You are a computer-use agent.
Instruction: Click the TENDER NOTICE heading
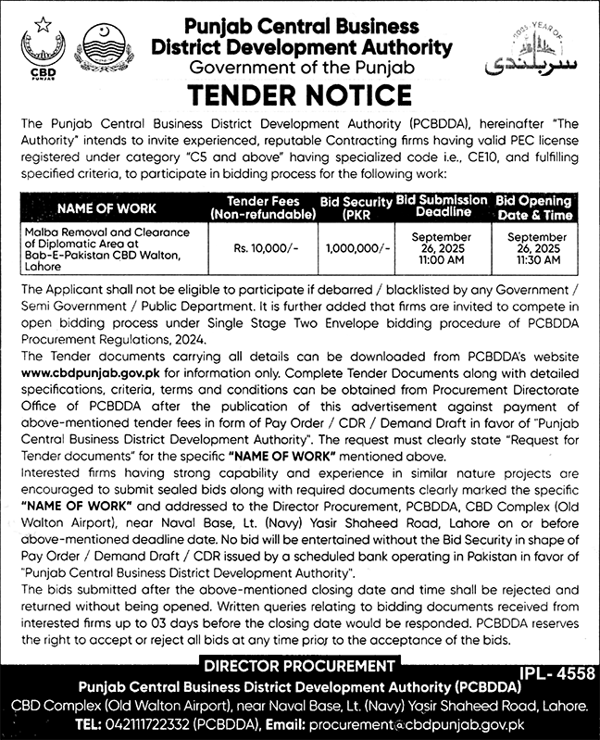(300, 95)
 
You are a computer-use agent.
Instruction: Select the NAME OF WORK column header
(107, 208)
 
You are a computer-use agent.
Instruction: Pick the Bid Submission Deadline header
(442, 206)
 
